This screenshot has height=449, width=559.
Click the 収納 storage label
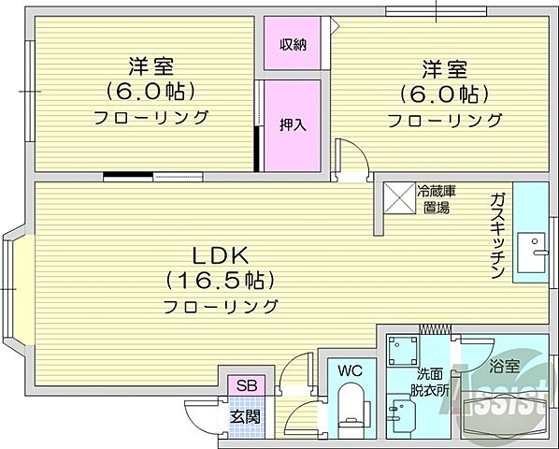(292, 45)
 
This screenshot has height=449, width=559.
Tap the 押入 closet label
(292, 125)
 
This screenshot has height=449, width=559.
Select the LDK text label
(220, 255)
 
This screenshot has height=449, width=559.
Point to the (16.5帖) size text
(220, 280)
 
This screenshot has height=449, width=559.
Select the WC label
(349, 370)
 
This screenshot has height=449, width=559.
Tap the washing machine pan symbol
(404, 350)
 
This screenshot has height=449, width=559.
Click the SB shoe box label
(248, 385)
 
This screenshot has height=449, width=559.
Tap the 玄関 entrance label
(248, 417)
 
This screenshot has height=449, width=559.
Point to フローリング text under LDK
(220, 306)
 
